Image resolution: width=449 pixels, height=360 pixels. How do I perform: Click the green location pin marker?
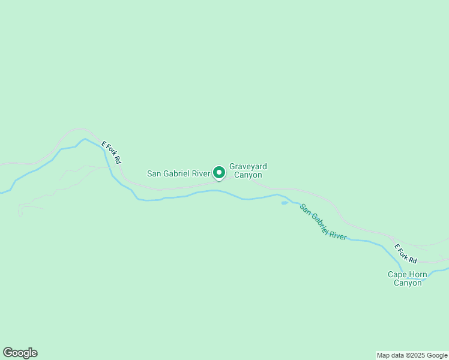point(219,172)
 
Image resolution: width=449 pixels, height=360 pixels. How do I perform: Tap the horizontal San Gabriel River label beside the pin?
point(179,174)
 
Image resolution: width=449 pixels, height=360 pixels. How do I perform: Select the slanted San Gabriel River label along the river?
point(323,223)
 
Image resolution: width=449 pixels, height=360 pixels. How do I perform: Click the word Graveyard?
point(248,166)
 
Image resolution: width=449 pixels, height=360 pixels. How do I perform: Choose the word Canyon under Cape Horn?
point(408,283)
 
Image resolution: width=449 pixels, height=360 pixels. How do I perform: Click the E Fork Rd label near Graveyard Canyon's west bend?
point(112,152)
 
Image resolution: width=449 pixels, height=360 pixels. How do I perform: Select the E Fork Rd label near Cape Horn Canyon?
point(406,253)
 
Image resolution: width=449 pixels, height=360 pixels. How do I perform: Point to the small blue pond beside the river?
point(284,203)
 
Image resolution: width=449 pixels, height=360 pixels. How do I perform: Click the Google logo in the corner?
point(20,353)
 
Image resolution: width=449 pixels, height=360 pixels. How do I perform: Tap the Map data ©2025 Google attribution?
point(412,355)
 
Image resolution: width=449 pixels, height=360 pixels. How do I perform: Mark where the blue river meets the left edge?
point(1,193)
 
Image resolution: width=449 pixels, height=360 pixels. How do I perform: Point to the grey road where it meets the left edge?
point(1,164)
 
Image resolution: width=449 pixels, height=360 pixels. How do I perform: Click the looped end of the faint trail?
point(20,211)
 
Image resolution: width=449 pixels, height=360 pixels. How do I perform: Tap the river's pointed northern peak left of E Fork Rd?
point(85,139)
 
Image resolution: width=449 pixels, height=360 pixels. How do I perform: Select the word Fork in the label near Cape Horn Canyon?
point(406,254)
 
